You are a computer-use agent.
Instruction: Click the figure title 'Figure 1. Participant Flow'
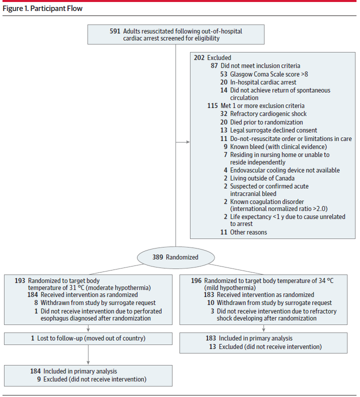[42, 8]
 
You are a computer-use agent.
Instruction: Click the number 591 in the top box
[115, 31]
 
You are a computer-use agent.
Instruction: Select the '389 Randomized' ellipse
[176, 257]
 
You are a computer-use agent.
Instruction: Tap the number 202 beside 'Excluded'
[199, 57]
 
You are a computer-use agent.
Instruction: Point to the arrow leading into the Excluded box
[183, 142]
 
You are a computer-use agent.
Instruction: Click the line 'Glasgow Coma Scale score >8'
[269, 74]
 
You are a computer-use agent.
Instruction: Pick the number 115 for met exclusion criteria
[212, 105]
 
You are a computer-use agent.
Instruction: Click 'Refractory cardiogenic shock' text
[268, 113]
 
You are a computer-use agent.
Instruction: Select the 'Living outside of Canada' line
[262, 178]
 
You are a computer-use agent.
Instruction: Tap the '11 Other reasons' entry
[243, 232]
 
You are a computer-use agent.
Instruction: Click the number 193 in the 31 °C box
[20, 281]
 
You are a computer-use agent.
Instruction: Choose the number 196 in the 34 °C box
[196, 281]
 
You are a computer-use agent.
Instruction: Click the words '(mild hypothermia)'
[230, 288]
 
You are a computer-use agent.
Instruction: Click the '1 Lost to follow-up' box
[88, 338]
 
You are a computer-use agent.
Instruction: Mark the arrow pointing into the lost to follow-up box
[88, 328]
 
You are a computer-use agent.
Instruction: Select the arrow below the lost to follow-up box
[88, 354]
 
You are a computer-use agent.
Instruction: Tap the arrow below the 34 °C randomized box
[263, 328]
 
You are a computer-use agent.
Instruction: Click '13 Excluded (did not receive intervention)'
[265, 346]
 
